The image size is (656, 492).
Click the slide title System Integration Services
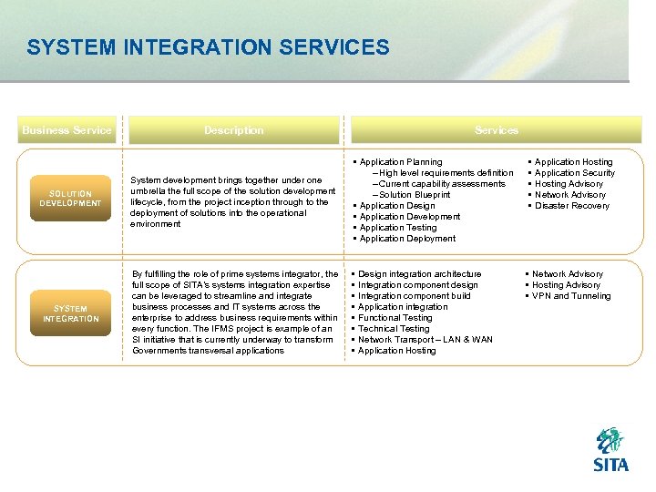208,47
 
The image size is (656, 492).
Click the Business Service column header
67,130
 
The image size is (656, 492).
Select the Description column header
234,130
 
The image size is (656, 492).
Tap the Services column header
497,130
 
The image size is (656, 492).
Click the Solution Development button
70,199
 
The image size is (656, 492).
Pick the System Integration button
70,313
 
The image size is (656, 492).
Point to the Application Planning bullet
400,162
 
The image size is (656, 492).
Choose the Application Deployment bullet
406,239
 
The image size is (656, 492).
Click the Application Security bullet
574,173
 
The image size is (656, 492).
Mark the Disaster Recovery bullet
571,206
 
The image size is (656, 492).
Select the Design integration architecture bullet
419,274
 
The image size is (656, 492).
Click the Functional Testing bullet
395,318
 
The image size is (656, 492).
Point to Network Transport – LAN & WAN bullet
425,340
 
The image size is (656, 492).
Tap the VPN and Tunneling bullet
571,296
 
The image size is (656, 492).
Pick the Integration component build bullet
414,296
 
